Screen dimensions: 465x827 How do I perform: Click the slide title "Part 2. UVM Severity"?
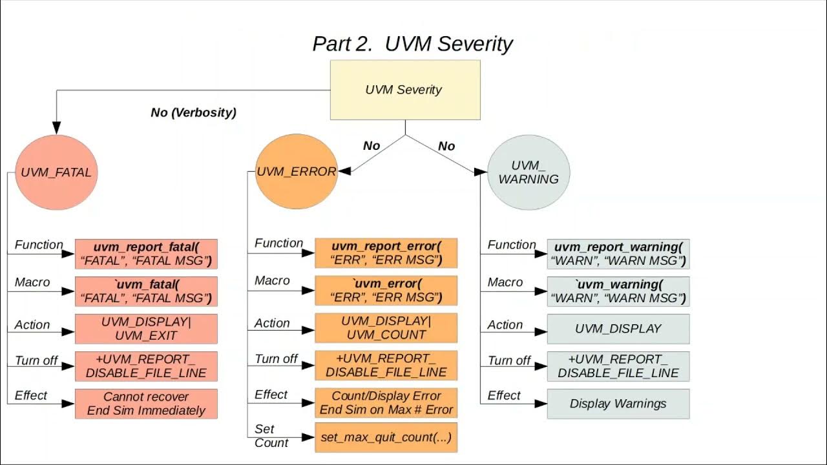pos(412,44)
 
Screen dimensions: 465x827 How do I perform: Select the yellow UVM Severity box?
pos(405,90)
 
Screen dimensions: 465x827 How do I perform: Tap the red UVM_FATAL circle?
pos(56,172)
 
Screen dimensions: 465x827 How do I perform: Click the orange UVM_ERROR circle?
pos(297,172)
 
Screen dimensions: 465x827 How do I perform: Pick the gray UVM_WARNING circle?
pos(529,172)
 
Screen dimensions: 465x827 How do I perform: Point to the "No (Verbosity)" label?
pos(193,112)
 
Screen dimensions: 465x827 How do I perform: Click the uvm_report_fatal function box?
pos(146,254)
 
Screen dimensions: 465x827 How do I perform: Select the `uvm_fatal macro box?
pos(146,291)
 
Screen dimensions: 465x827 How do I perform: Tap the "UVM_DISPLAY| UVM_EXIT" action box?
pos(146,329)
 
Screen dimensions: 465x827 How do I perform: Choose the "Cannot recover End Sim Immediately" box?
pos(146,404)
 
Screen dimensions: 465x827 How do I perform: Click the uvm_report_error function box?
pos(386,253)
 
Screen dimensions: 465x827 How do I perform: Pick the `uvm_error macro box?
pos(386,291)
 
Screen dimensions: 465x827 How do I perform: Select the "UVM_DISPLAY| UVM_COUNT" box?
pos(386,328)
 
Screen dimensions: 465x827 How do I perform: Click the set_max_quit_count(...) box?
pos(386,437)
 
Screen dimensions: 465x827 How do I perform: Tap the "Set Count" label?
pos(271,436)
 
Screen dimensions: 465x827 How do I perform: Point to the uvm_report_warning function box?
pos(618,254)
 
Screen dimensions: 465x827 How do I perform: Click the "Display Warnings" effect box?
pos(618,404)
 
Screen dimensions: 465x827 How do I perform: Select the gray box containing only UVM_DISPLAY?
pos(618,329)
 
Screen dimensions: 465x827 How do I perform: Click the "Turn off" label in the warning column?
pos(509,360)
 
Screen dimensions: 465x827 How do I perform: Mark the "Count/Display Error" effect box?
pos(386,403)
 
